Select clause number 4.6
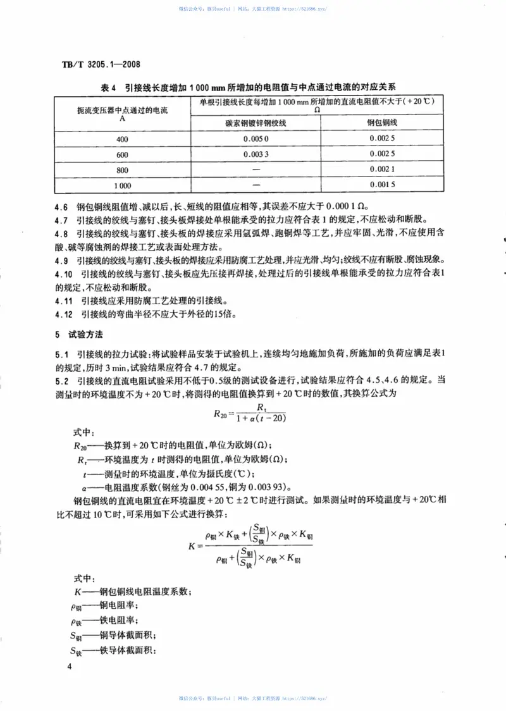pos(62,207)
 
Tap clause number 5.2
pos(62,381)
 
